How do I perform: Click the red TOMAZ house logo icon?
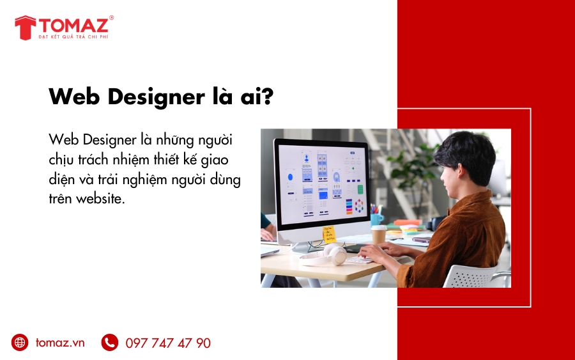pyautogui.click(x=26, y=27)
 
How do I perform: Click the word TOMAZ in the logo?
pyautogui.click(x=73, y=26)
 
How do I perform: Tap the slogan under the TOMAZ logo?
pyautogui.click(x=73, y=36)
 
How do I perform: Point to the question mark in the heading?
pyautogui.click(x=268, y=96)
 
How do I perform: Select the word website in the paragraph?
pyautogui.click(x=100, y=198)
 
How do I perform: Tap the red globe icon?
pyautogui.click(x=20, y=342)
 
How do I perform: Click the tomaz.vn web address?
pyautogui.click(x=60, y=343)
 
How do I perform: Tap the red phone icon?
pyautogui.click(x=110, y=342)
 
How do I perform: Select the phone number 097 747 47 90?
pyautogui.click(x=168, y=343)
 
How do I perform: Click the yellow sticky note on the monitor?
pyautogui.click(x=329, y=235)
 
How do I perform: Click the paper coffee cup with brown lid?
pyautogui.click(x=379, y=235)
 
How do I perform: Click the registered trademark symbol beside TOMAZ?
pyautogui.click(x=111, y=17)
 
